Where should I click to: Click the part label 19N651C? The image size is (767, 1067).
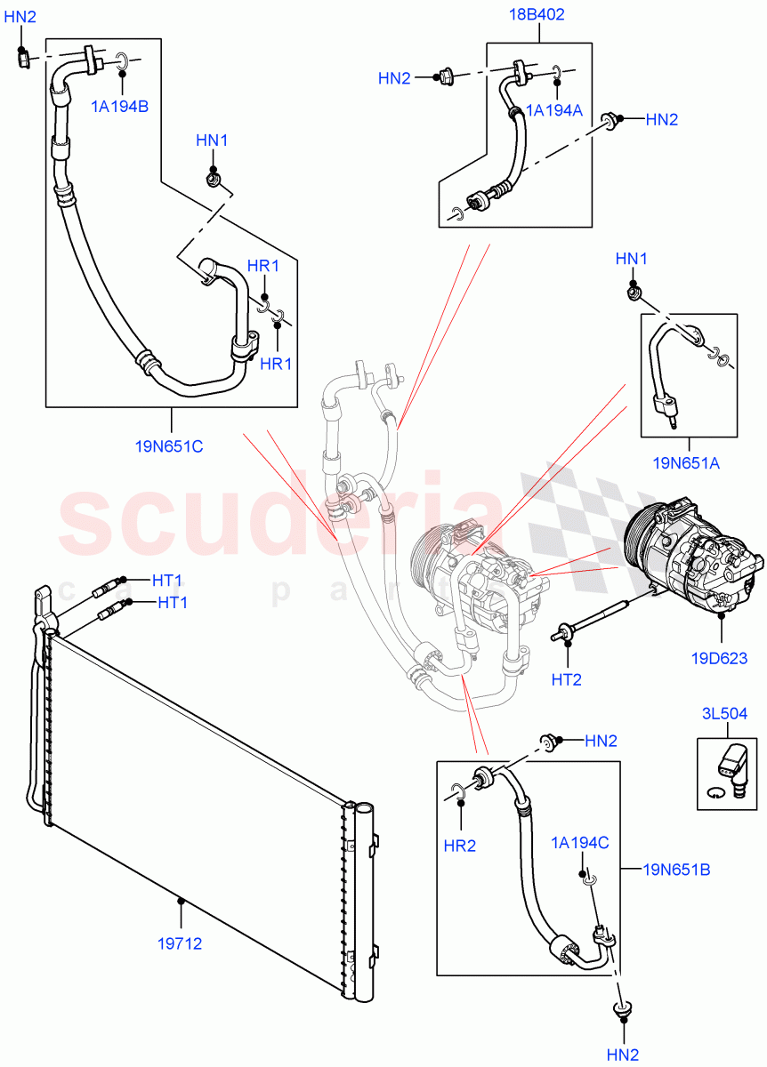pyautogui.click(x=169, y=446)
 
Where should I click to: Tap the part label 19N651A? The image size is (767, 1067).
pyautogui.click(x=686, y=463)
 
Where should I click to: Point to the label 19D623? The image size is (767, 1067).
pyautogui.click(x=719, y=659)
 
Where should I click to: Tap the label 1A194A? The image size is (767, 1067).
pyautogui.click(x=554, y=109)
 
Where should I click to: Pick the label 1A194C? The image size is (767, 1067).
pyautogui.click(x=580, y=842)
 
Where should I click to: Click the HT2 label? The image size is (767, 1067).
pyautogui.click(x=566, y=679)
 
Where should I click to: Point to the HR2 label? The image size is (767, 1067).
pyautogui.click(x=459, y=846)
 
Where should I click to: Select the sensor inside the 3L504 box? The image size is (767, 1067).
pyautogui.click(x=735, y=764)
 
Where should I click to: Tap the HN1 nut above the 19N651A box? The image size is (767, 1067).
pyautogui.click(x=633, y=290)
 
